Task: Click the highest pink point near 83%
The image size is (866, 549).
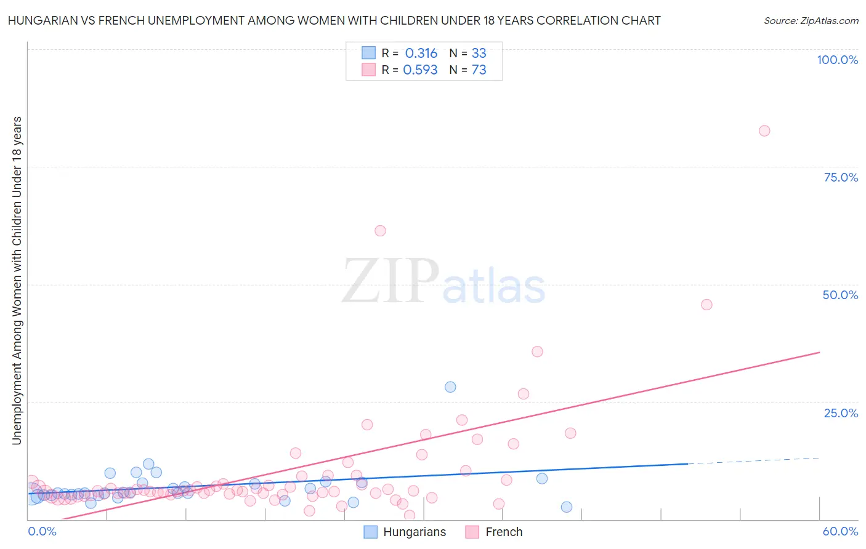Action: tap(764, 130)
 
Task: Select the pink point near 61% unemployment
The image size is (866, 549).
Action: tap(380, 231)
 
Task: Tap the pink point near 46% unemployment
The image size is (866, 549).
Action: tap(706, 305)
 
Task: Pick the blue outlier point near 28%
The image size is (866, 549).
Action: tap(450, 387)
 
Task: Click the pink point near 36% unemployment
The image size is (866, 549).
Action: tap(537, 351)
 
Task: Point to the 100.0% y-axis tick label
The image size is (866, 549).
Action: tap(837, 60)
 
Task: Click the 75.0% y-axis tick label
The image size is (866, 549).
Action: tap(841, 177)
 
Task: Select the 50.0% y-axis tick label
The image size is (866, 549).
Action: tap(840, 295)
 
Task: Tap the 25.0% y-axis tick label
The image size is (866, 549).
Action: tap(841, 413)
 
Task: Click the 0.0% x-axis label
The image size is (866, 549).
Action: tap(42, 532)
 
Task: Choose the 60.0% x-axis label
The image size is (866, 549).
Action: tap(840, 532)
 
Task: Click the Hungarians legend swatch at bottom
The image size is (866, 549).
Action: tap(370, 532)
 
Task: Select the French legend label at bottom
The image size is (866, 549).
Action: tap(504, 532)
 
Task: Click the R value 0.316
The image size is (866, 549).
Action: tap(421, 54)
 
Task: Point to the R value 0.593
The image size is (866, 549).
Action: tap(420, 70)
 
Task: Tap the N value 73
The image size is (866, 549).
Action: tap(479, 70)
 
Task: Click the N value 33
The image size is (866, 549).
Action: tap(479, 54)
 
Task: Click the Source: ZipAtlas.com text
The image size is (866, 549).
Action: tap(811, 21)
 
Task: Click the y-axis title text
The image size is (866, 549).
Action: tap(17, 280)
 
